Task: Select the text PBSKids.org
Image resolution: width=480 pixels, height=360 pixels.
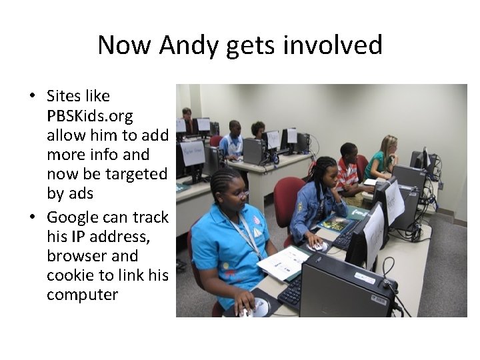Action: pyautogui.click(x=90, y=116)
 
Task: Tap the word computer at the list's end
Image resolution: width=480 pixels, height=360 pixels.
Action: pyautogui.click(x=82, y=295)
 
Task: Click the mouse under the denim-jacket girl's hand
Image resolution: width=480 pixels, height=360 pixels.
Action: pyautogui.click(x=319, y=246)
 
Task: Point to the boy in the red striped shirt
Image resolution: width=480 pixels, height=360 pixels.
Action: pyautogui.click(x=347, y=170)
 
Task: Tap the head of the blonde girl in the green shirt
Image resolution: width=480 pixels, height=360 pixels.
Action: pyautogui.click(x=389, y=146)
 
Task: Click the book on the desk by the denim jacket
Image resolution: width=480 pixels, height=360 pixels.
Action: pyautogui.click(x=337, y=223)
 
